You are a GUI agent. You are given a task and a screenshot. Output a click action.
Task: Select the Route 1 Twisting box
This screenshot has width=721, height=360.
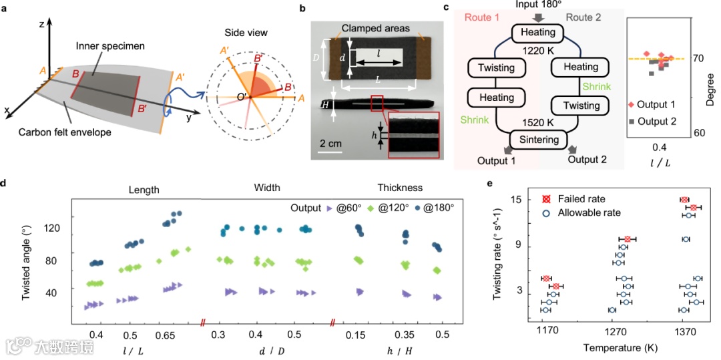[496, 68]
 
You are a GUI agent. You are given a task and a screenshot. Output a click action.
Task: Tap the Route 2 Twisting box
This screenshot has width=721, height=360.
[581, 106]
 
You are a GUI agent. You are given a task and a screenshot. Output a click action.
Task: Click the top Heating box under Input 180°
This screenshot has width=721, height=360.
[538, 33]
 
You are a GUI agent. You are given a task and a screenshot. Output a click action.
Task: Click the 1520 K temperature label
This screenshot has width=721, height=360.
[537, 123]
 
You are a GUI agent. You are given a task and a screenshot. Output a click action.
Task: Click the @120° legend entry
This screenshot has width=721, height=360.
[394, 208]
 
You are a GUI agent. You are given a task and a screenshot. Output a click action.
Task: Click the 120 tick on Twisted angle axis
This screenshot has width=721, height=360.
[51, 228]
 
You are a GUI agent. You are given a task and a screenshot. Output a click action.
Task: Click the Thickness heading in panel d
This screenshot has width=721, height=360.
[400, 188]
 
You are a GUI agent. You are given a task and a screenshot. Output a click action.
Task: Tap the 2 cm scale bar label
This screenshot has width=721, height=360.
[328, 144]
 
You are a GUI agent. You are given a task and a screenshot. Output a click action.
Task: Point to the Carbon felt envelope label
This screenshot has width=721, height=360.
[73, 132]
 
